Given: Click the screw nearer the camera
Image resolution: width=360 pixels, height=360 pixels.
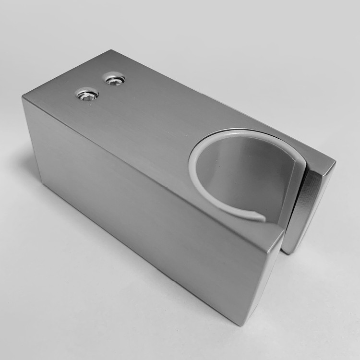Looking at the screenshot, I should pyautogui.click(x=87, y=95).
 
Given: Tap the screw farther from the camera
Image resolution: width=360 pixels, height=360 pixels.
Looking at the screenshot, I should pyautogui.click(x=115, y=80).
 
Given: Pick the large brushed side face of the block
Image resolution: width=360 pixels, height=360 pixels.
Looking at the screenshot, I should pyautogui.click(x=134, y=206).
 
